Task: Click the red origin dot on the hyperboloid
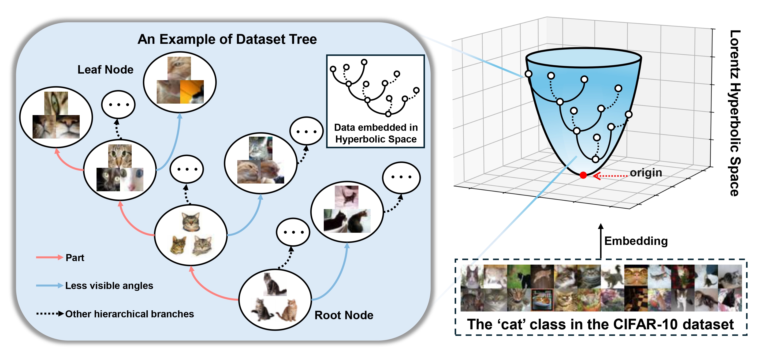[583, 175]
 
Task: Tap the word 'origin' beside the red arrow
[646, 172]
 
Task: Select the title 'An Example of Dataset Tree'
[227, 39]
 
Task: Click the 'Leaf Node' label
[105, 70]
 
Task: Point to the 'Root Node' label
[344, 315]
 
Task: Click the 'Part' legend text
[75, 258]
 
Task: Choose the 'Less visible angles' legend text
[109, 285]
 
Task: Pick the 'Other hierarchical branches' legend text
[129, 314]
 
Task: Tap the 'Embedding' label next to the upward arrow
[636, 241]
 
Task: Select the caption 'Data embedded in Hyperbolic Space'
[376, 133]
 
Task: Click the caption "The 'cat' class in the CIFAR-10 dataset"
[600, 324]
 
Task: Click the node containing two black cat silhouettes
[347, 212]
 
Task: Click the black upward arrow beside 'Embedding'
[600, 241]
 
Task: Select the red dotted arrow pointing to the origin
[611, 176]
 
